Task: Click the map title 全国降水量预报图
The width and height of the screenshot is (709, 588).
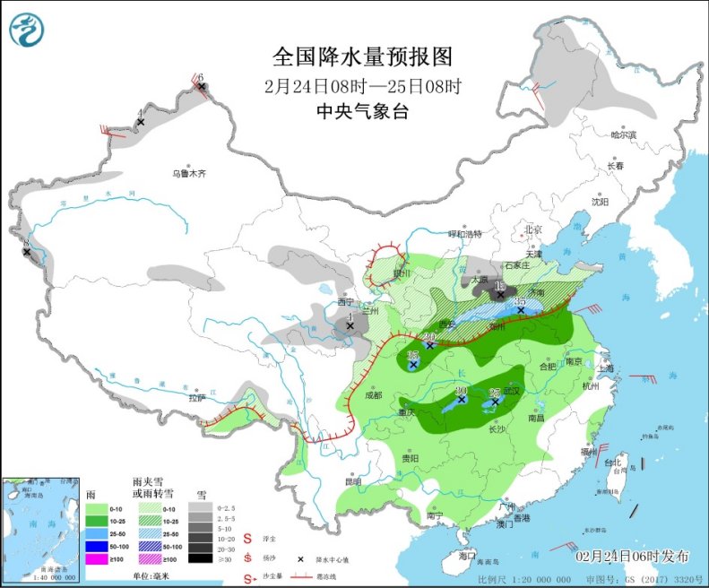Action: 362,56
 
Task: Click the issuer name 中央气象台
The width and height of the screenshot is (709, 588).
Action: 362,112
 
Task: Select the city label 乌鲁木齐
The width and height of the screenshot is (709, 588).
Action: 189,174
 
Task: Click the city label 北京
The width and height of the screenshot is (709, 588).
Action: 534,229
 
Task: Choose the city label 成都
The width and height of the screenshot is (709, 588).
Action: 373,394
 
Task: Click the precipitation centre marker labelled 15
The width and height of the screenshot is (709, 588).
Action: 500,293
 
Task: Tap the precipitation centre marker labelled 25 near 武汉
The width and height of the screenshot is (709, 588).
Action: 495,402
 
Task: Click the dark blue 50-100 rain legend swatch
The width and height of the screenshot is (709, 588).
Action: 95,543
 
